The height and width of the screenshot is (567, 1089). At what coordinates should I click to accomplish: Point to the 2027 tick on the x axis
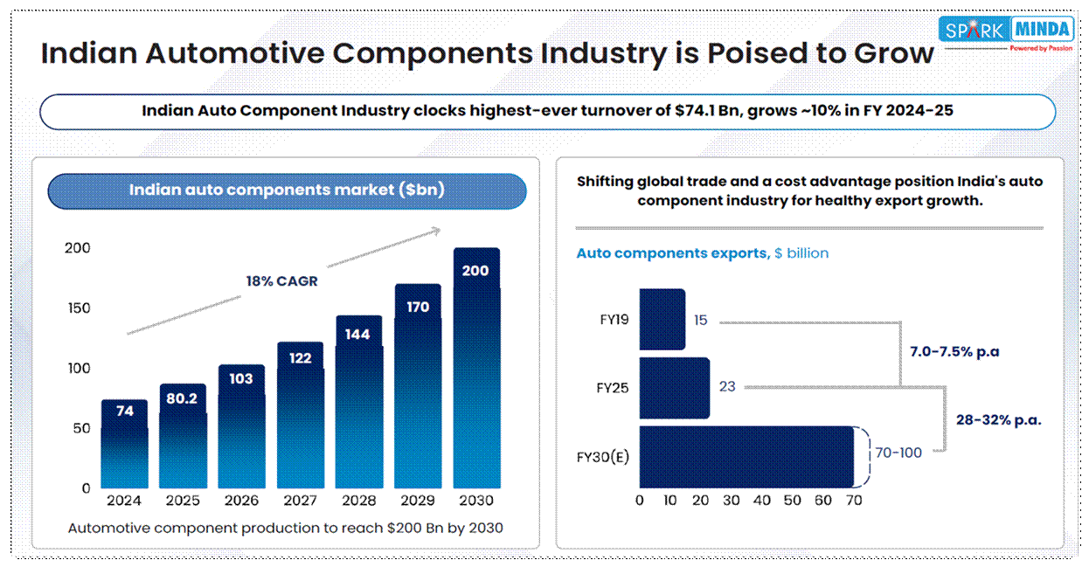(x=301, y=501)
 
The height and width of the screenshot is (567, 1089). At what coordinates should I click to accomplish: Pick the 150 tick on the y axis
(x=79, y=308)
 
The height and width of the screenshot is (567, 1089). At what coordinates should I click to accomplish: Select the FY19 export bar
(x=662, y=320)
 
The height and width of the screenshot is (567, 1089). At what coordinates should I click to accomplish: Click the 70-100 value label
(x=898, y=453)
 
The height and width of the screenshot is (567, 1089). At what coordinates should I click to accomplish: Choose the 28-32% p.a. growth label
(x=999, y=419)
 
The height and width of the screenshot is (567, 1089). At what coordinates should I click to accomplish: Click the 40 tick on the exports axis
(x=761, y=501)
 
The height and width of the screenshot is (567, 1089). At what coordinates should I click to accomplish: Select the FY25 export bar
(x=674, y=387)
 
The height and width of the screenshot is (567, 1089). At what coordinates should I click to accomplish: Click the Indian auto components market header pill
(x=287, y=190)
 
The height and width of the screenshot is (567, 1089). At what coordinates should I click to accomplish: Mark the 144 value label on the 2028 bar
(x=358, y=334)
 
